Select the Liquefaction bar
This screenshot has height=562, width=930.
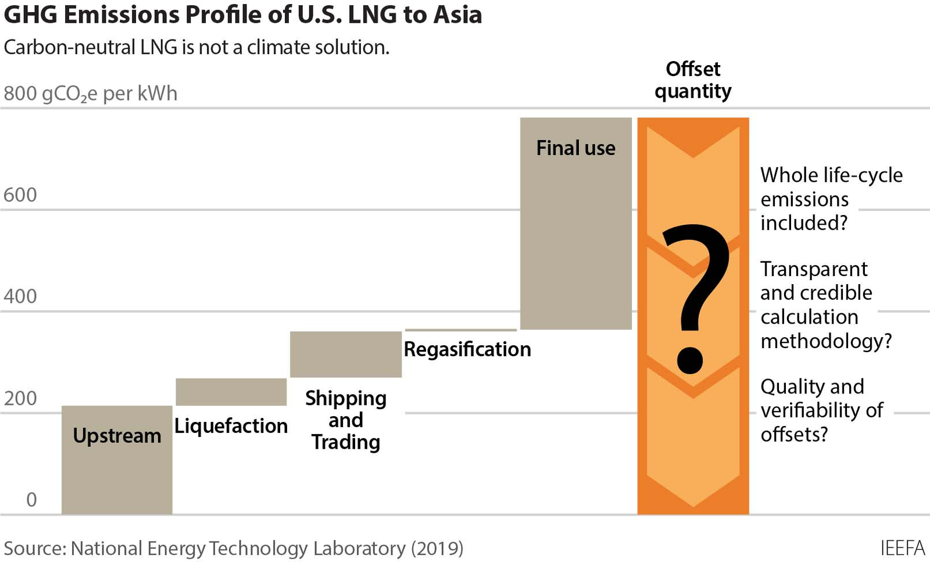click(x=231, y=392)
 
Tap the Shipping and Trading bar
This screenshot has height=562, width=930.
click(x=346, y=354)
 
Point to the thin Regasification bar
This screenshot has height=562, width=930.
click(x=460, y=330)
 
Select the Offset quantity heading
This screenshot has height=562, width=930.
click(x=693, y=80)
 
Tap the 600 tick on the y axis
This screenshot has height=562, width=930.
click(x=20, y=195)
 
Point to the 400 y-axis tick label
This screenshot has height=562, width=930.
click(x=20, y=296)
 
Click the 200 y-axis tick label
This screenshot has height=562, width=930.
click(x=20, y=399)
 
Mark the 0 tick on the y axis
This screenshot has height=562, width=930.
click(x=31, y=500)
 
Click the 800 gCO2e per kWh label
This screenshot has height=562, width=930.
click(x=91, y=94)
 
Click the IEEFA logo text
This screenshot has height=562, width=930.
click(x=902, y=548)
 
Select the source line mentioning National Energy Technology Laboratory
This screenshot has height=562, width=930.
click(x=234, y=548)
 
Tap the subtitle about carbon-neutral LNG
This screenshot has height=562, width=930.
click(x=196, y=47)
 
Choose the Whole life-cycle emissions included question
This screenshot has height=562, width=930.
click(x=831, y=199)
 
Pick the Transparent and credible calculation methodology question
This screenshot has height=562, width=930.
click(x=825, y=305)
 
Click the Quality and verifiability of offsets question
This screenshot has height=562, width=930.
click(x=821, y=410)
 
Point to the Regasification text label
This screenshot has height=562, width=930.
click(x=467, y=349)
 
